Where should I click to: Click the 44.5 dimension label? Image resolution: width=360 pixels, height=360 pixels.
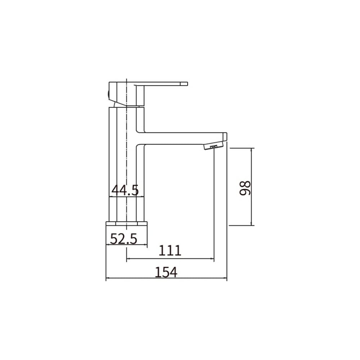tap(125, 190)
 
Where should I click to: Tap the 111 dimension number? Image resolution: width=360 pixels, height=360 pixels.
tap(170, 251)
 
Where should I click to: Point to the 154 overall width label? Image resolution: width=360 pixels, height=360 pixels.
tap(166, 272)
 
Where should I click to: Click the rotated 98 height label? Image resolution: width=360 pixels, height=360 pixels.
tap(245, 188)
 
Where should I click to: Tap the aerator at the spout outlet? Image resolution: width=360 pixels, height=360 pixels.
tap(213, 147)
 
